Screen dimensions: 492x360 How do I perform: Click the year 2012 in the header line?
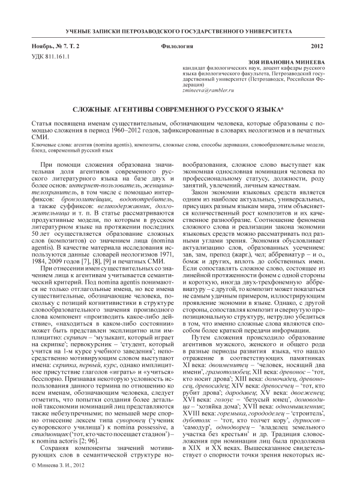pyautogui.click(x=317, y=46)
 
